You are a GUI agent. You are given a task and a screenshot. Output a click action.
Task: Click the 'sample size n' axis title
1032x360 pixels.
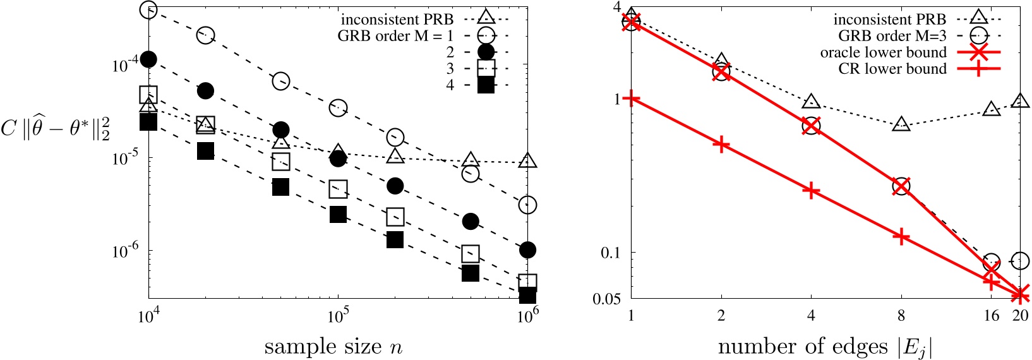(333, 347)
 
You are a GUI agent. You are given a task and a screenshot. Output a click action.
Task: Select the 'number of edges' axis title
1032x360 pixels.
(825, 347)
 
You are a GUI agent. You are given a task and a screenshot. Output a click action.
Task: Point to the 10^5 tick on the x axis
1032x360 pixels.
(338, 315)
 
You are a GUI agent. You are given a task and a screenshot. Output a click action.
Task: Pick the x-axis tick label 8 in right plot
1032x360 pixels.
(901, 315)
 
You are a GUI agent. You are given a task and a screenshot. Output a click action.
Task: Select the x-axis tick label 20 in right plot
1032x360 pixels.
(1020, 315)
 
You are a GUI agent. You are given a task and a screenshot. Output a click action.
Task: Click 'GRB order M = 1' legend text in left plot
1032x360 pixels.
(395, 36)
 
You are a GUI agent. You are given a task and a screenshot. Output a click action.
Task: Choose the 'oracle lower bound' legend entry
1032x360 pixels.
(883, 52)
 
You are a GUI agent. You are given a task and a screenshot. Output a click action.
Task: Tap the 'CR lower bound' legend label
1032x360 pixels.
(892, 69)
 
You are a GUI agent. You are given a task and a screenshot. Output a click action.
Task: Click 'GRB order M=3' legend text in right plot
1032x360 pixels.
(892, 36)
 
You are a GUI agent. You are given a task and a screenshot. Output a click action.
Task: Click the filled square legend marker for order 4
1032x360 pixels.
(486, 85)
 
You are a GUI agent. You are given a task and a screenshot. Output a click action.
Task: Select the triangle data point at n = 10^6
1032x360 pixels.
(527, 160)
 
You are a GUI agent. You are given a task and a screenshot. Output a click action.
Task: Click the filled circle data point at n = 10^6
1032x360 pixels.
(527, 251)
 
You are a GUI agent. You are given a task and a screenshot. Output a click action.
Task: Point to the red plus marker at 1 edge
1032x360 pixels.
(631, 99)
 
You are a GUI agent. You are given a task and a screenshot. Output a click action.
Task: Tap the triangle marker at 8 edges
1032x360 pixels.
(901, 124)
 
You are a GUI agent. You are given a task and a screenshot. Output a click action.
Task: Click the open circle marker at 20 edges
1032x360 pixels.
(1020, 260)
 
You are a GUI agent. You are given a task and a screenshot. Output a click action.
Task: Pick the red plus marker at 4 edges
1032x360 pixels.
(811, 190)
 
